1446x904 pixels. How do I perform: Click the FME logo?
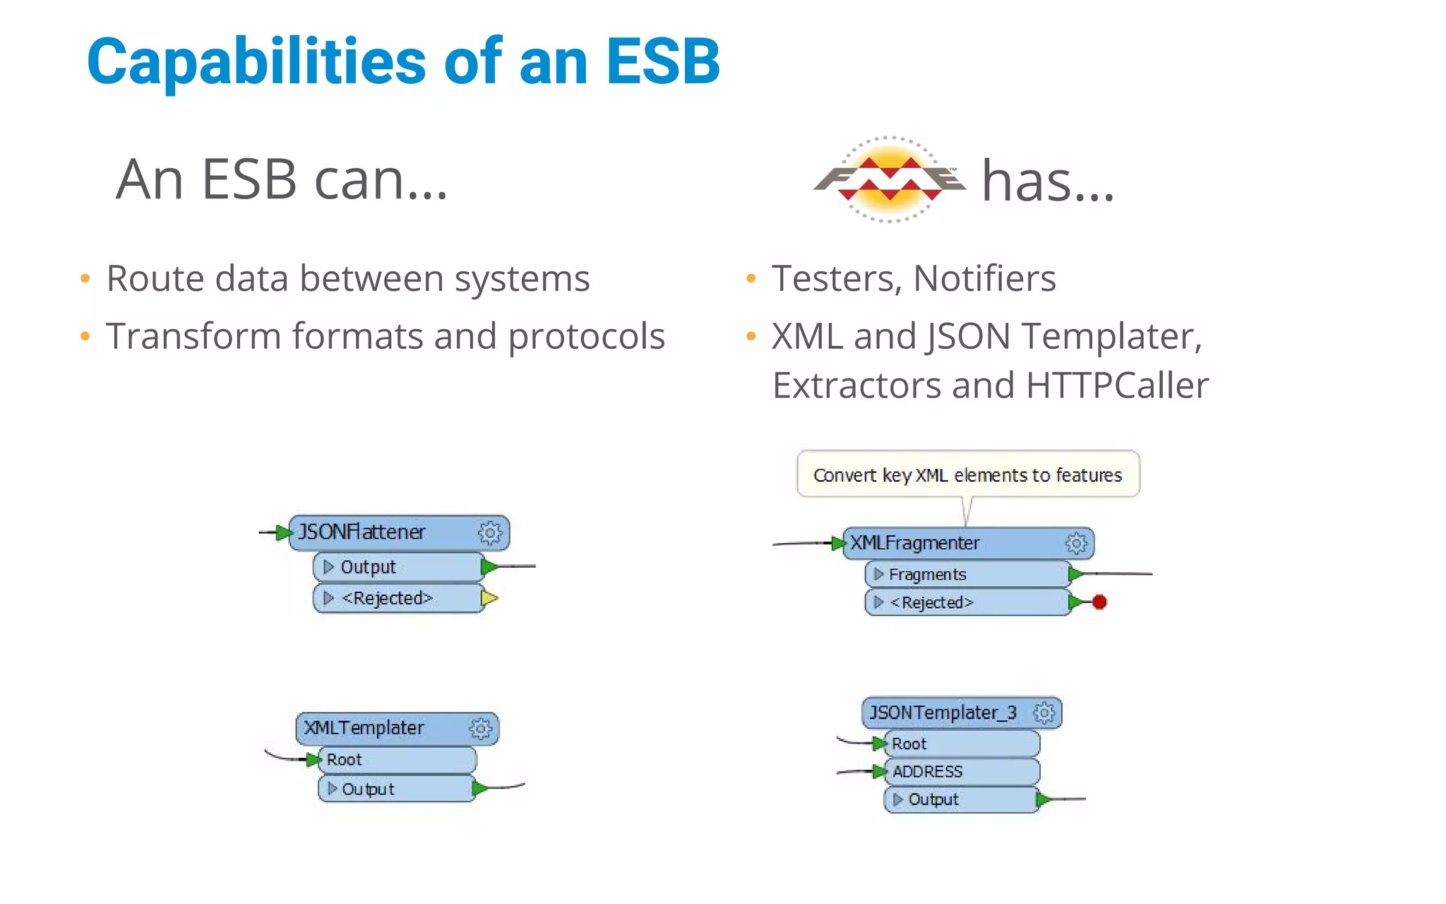point(890,179)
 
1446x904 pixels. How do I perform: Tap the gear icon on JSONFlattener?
point(490,533)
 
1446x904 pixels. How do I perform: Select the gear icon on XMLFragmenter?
point(1076,543)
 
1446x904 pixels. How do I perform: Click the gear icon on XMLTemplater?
point(481,728)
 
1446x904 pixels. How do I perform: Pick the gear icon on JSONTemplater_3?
point(1044,713)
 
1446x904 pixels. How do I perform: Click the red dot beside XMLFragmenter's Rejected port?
point(1099,602)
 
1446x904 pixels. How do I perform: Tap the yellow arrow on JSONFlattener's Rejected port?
point(489,598)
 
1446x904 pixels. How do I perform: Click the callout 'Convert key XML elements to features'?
point(967,475)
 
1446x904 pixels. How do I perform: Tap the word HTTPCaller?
point(1117,386)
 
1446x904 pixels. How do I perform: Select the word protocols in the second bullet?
point(586,336)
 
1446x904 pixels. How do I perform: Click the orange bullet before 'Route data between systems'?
point(85,279)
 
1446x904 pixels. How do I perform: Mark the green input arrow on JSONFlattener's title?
point(283,533)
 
